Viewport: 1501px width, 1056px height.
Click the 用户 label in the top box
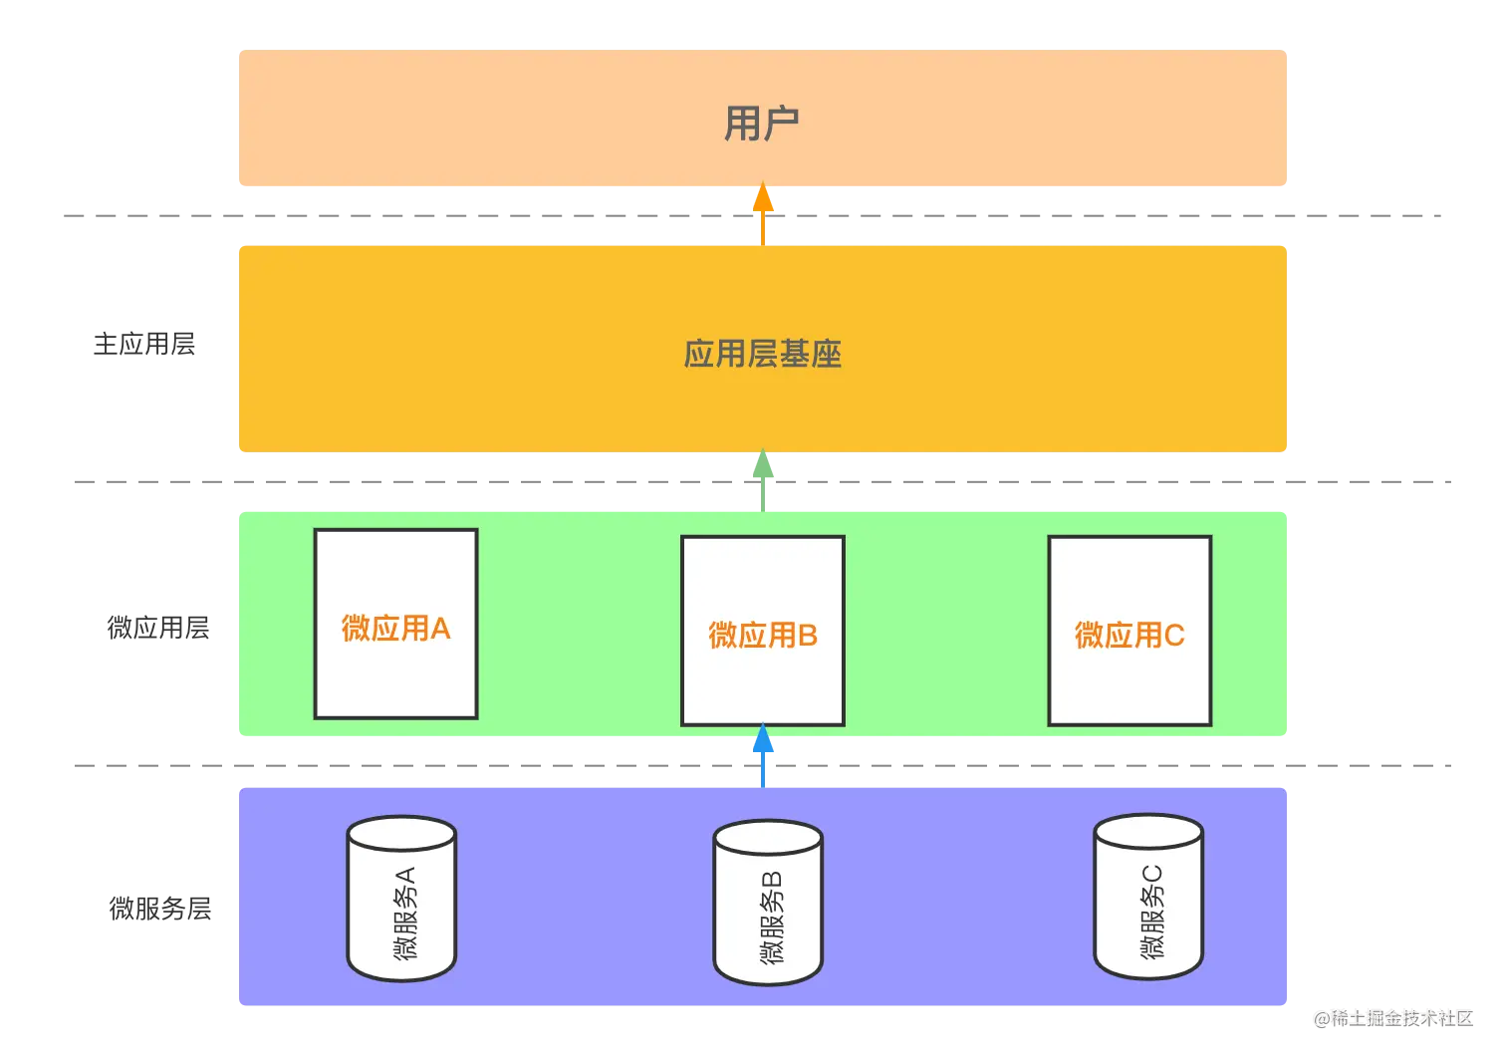(761, 124)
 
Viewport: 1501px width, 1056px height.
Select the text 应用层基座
(762, 354)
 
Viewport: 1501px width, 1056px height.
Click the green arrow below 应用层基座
(762, 476)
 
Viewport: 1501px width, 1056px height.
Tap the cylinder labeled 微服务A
(401, 898)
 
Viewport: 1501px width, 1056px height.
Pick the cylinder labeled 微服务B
(768, 902)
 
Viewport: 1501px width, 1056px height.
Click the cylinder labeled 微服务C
(1148, 896)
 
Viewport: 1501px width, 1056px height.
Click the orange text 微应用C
(1129, 635)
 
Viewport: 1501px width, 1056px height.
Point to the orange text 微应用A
(395, 628)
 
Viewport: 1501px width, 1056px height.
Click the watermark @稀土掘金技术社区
(1392, 1017)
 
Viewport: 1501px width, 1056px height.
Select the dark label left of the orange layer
(144, 343)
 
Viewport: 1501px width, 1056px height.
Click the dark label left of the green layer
(159, 630)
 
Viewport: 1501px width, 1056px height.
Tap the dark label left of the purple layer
(159, 908)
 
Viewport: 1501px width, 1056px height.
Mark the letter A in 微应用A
(440, 629)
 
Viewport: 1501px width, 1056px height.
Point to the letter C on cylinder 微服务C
(1151, 874)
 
